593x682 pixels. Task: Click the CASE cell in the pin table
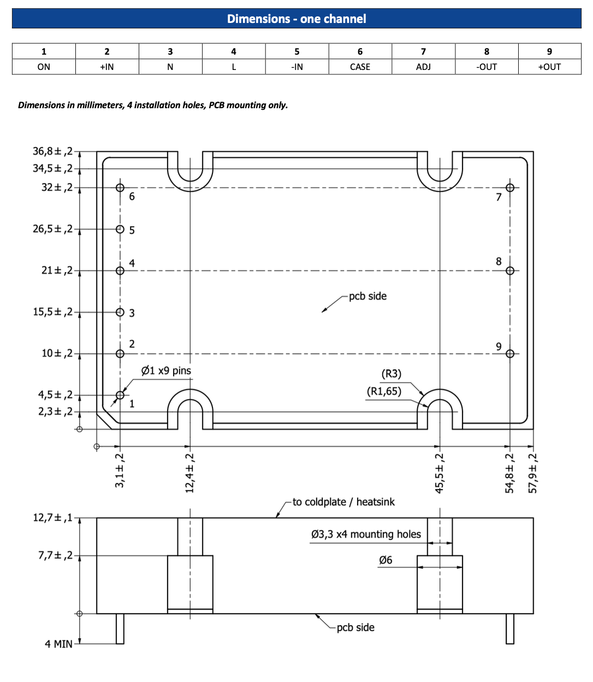tap(360, 67)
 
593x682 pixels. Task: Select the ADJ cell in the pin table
tap(423, 67)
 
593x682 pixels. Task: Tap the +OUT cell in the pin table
tap(549, 67)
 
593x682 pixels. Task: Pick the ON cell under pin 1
tap(44, 67)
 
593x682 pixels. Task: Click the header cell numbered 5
tap(297, 51)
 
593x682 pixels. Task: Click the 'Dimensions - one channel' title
tap(296, 19)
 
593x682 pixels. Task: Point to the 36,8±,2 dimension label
tap(52, 151)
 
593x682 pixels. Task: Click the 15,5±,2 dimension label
tap(52, 312)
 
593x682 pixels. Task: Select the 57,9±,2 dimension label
tap(533, 473)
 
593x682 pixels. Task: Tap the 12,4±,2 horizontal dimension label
tap(190, 473)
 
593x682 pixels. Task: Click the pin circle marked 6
tap(120, 187)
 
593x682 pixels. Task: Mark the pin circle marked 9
tap(510, 354)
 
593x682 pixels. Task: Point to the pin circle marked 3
tap(120, 312)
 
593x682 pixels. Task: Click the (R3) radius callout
tap(391, 374)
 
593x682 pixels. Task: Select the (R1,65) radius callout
tap(384, 391)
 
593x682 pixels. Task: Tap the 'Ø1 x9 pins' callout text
tap(166, 371)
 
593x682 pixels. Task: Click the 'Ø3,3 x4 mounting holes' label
tap(366, 534)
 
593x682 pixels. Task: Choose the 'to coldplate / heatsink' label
tap(343, 502)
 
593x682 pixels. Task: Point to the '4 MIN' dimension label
tap(58, 644)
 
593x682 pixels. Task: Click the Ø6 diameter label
tap(386, 560)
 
